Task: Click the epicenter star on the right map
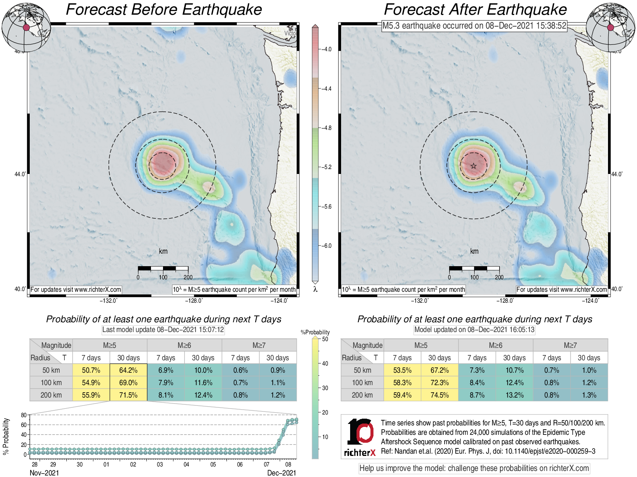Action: point(473,166)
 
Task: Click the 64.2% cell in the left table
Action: point(128,370)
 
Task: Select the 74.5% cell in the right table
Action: point(439,395)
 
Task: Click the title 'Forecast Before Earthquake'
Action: point(164,10)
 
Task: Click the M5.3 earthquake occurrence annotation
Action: point(474,26)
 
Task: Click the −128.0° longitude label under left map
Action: point(194,300)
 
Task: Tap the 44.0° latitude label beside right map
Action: point(617,174)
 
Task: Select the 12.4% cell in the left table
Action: point(203,395)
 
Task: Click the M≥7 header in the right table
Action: point(570,345)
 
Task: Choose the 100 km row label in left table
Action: point(51,383)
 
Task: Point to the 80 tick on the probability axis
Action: point(24,415)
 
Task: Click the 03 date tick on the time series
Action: point(160,465)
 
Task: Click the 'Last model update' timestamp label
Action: point(163,330)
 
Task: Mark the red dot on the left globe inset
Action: point(26,27)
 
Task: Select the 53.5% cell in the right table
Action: point(402,370)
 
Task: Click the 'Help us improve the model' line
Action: point(474,468)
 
